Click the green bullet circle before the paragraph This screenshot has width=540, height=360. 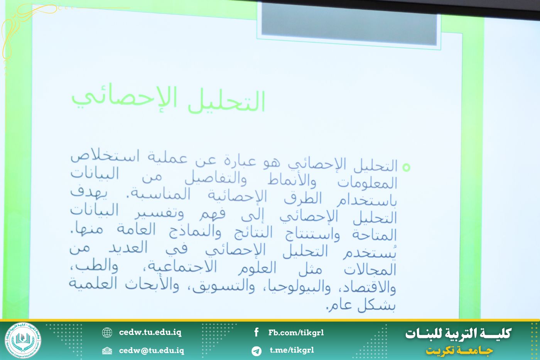[x=406, y=167]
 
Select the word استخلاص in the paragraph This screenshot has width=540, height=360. [x=105, y=156]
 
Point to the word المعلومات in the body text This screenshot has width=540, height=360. [x=367, y=183]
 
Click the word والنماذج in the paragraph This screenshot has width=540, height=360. [x=195, y=232]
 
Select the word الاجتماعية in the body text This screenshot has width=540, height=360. [x=182, y=267]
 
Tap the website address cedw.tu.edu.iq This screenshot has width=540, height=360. [x=150, y=332]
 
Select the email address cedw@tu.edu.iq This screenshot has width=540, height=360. [x=151, y=350]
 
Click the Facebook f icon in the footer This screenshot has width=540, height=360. [x=256, y=332]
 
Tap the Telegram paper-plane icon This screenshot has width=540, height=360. [x=256, y=351]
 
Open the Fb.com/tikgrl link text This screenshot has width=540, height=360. [x=296, y=333]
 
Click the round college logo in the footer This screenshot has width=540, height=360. [x=23, y=340]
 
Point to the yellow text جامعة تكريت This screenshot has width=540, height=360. [x=459, y=351]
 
